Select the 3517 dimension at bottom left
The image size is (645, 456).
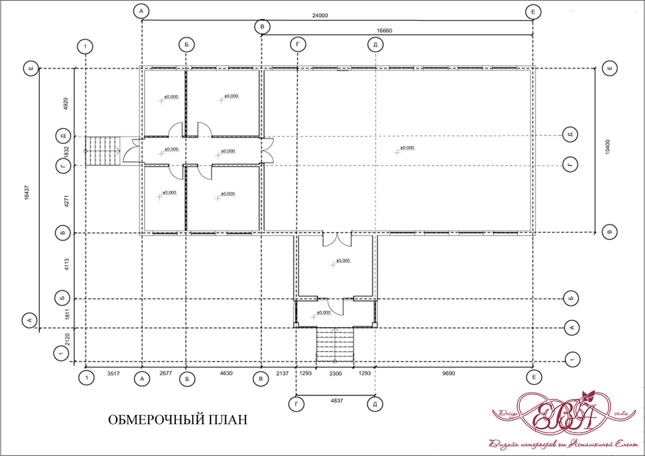[x=113, y=376]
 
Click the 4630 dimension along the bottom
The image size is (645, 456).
[x=225, y=376]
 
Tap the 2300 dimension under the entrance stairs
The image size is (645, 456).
[x=335, y=376]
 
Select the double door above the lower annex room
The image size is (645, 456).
[x=336, y=240]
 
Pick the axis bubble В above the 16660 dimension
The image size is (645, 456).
[x=262, y=26]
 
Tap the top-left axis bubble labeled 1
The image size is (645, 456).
[x=85, y=46]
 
